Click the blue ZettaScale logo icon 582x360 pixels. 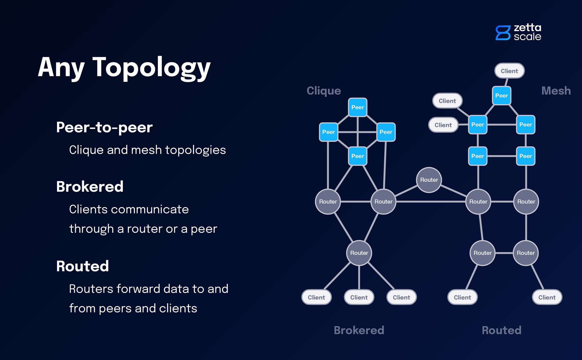[503, 33]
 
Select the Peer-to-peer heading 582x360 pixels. [104, 127]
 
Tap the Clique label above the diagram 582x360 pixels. [323, 91]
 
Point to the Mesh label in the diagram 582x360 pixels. [556, 91]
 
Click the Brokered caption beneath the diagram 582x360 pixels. [359, 330]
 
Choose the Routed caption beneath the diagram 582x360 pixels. [501, 330]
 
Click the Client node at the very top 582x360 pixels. [509, 71]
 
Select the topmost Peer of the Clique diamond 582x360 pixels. [358, 107]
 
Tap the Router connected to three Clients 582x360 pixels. [359, 253]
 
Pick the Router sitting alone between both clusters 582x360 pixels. [429, 180]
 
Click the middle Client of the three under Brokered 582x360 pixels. [359, 297]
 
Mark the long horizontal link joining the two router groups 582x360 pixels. [430, 202]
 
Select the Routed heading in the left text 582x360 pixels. [82, 266]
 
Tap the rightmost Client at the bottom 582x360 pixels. [547, 297]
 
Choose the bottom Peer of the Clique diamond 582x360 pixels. [358, 156]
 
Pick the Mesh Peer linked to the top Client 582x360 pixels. [501, 96]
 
